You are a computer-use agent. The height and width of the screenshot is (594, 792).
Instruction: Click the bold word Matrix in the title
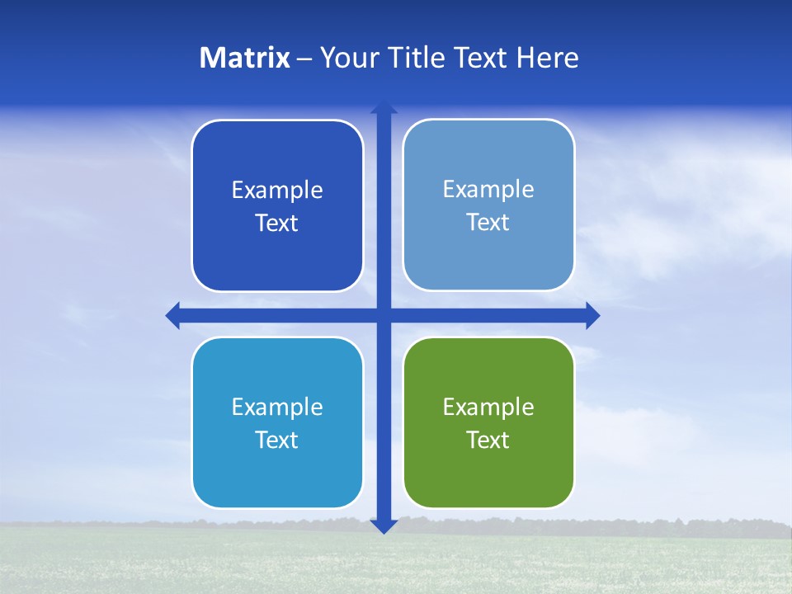245,58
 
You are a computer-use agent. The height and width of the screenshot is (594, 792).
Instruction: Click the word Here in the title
547,58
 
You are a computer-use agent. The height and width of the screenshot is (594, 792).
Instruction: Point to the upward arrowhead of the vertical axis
384,107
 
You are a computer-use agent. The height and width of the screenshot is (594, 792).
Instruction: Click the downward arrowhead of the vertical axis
384,526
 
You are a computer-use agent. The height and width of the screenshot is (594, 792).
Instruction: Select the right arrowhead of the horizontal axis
592,315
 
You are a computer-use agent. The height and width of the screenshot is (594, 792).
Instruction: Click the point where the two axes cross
384,315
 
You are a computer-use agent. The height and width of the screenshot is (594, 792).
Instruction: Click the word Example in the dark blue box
277,191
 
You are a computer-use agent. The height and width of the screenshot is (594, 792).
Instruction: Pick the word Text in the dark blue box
277,224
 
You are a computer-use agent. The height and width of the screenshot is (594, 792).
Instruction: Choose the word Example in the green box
488,407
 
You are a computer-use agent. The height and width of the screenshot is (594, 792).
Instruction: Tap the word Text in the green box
488,440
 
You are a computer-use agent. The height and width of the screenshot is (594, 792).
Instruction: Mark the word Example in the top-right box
488,190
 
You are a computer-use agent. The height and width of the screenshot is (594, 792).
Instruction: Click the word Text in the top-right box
488,223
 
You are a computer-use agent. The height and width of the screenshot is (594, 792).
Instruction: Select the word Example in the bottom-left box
277,407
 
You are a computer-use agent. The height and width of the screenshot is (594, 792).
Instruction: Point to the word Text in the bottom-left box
277,440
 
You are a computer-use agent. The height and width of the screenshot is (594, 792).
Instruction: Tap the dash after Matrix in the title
304,59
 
